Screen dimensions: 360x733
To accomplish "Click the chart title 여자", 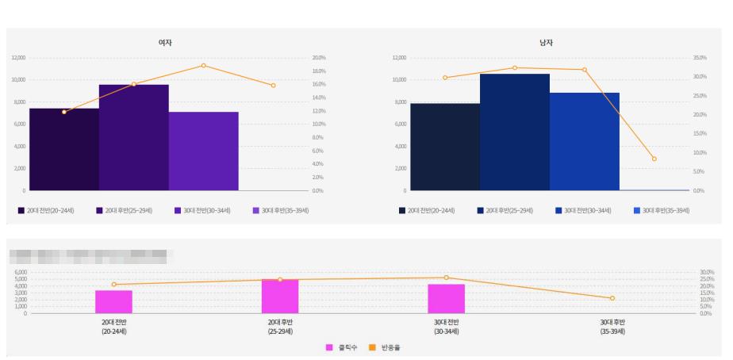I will (165, 42).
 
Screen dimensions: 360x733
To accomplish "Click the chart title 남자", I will (546, 42).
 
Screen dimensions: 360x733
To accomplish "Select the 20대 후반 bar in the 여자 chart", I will (133, 137).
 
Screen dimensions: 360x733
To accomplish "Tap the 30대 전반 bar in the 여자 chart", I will (203, 151).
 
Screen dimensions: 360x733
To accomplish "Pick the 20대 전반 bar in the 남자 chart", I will (445, 147).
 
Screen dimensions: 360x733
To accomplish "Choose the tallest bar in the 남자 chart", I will (514, 132).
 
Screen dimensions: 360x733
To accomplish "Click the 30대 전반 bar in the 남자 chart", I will (584, 141).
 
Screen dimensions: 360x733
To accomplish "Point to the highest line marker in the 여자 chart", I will (203, 65).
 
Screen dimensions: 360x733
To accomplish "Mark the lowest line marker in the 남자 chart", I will (654, 159).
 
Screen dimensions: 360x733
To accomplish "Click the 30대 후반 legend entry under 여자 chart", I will (279, 210).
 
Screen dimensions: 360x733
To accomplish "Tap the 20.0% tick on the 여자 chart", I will (319, 58).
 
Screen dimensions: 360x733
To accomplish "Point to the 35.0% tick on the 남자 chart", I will (699, 58).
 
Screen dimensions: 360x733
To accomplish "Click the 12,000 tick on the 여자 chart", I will (18, 58).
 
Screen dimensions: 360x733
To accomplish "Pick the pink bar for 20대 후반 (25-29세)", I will (280, 297).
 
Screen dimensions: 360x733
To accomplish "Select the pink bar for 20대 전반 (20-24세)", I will (113, 302).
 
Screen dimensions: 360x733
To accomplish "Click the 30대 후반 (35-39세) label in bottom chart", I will (612, 326).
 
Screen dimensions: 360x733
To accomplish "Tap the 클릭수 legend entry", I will (342, 347).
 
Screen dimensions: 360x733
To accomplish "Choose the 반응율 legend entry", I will (386, 347).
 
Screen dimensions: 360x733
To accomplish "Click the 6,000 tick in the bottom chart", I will (21, 272).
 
